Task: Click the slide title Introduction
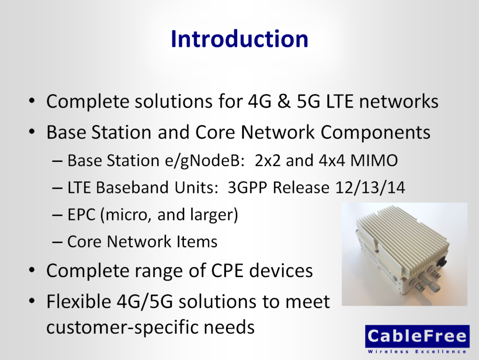tap(239, 39)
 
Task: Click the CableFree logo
tap(417, 336)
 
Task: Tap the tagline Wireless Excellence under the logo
tap(417, 351)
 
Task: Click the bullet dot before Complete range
tap(31, 271)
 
